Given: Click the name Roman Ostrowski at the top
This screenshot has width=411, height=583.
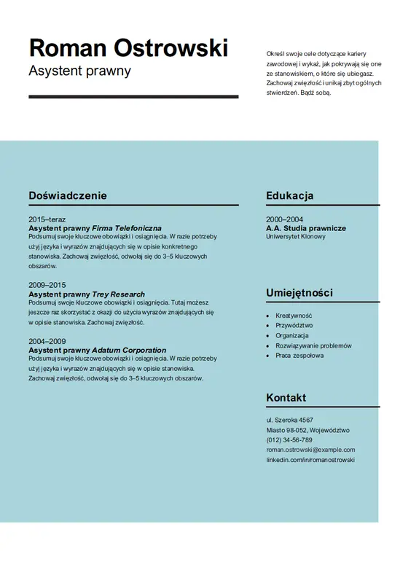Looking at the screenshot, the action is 128,47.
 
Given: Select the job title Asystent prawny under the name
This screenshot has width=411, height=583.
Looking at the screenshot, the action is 79,71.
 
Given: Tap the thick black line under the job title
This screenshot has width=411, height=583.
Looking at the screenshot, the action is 133,96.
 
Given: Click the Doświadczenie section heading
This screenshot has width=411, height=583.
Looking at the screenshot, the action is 68,195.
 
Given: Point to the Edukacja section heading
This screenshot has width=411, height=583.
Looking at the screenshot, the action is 289,195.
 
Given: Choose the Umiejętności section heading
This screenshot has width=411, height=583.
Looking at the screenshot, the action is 300,292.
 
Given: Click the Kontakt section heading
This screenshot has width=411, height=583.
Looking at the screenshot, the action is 286,397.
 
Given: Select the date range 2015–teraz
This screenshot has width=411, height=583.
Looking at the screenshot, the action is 47,219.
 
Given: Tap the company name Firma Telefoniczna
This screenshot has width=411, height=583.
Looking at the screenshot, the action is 127,228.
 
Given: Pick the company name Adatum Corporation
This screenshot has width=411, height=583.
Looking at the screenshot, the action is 129,350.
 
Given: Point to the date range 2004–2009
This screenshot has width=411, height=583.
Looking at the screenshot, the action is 47,341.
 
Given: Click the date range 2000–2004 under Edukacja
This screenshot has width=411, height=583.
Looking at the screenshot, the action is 284,219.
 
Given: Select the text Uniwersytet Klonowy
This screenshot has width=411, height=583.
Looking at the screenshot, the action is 296,237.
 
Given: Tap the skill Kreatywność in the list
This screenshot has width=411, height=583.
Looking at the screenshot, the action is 294,316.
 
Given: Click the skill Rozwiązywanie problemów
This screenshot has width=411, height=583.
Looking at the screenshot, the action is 313,345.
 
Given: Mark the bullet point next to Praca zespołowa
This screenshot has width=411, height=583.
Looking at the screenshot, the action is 267,356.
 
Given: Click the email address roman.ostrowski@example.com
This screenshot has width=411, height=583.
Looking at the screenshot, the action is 310,450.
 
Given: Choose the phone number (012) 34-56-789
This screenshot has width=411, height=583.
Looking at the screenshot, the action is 289,440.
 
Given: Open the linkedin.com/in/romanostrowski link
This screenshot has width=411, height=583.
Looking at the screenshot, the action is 310,460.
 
